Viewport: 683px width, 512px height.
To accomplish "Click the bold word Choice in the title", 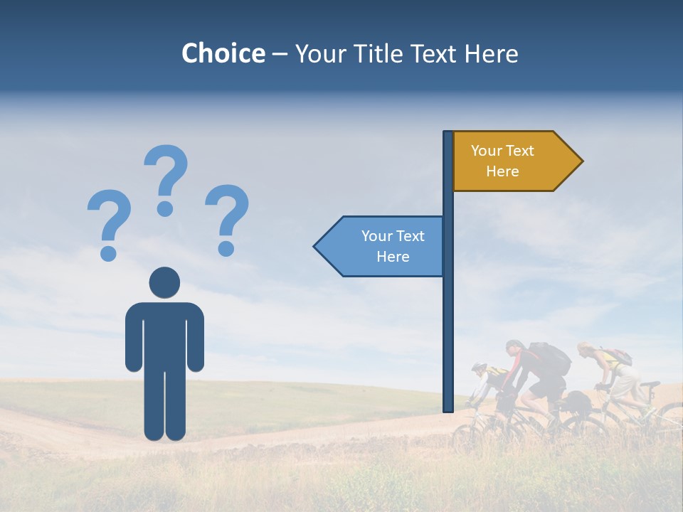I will (x=223, y=53).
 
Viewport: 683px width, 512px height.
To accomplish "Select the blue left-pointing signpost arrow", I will (x=381, y=247).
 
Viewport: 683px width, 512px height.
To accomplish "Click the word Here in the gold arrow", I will (x=502, y=171).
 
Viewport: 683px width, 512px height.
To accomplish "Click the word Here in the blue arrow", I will (x=393, y=257).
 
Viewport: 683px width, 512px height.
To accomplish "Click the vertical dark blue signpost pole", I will (x=448, y=320).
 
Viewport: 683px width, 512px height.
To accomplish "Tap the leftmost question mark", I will (x=109, y=217).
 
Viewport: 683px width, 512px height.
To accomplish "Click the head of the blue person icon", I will (x=164, y=282).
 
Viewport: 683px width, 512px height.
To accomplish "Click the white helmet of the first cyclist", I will (x=480, y=368).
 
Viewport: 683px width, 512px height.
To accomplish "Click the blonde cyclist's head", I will (x=586, y=349).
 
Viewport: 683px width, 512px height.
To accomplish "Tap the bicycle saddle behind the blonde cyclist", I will (x=649, y=385).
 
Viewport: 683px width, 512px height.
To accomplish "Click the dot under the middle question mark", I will (x=165, y=208).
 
